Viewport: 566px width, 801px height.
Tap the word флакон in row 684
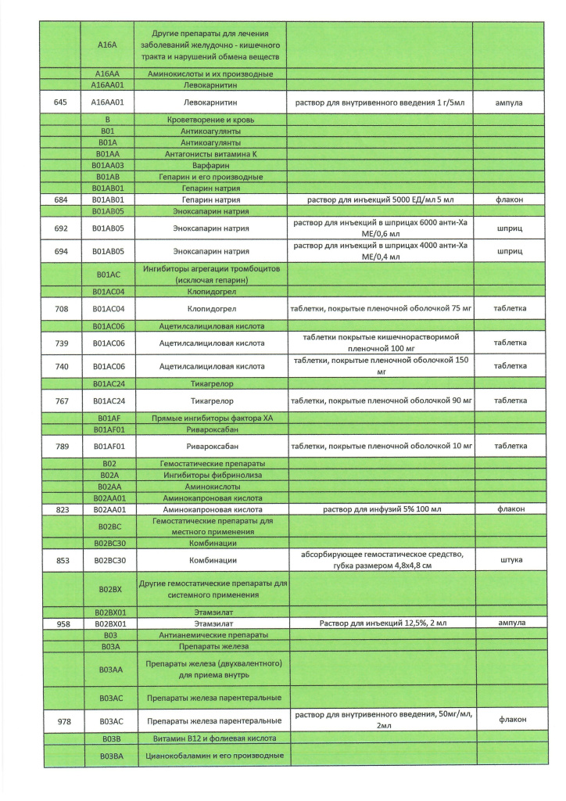click(x=509, y=199)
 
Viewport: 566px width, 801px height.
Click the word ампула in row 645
click(x=509, y=102)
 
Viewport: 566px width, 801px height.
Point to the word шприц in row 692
click(x=509, y=228)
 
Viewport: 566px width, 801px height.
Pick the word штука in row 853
click(x=509, y=560)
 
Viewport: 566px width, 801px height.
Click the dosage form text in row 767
click(x=381, y=400)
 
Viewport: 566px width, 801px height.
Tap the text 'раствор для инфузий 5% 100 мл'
click(x=381, y=509)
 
